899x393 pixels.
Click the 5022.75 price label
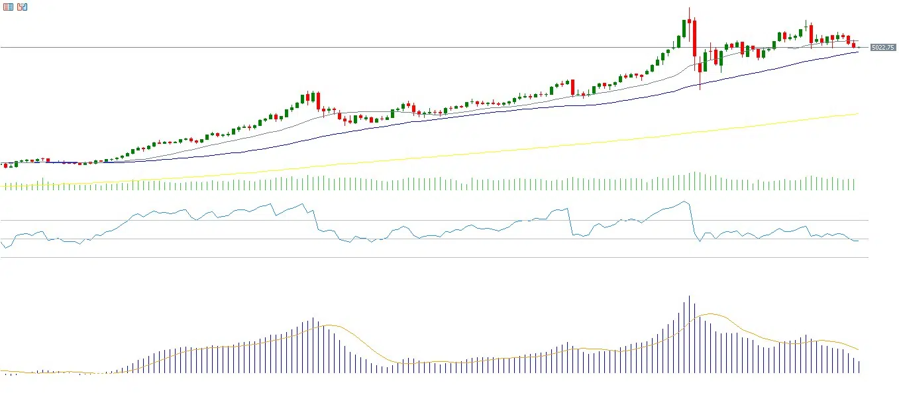(x=883, y=48)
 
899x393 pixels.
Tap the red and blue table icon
(x=8, y=7)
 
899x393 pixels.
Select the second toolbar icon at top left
(x=23, y=7)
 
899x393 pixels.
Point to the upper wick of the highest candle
(x=689, y=13)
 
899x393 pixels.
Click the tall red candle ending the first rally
(x=318, y=101)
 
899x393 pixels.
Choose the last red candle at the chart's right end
(x=854, y=44)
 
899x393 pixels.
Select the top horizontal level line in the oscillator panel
(x=431, y=220)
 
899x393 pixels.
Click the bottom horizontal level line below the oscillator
(x=431, y=258)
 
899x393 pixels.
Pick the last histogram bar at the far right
(x=859, y=366)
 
